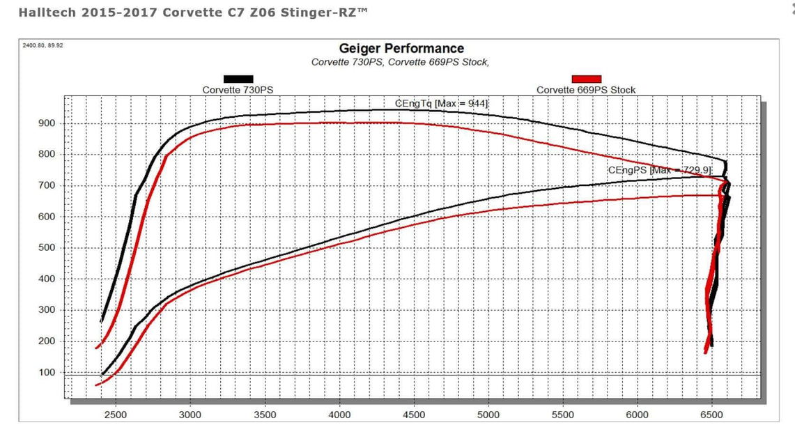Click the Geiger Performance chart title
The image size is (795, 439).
click(x=401, y=48)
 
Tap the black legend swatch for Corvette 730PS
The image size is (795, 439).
click(x=238, y=79)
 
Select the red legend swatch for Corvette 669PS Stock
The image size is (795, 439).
click(x=586, y=79)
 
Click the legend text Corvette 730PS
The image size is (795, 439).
click(x=238, y=90)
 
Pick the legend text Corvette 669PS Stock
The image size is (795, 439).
click(x=586, y=90)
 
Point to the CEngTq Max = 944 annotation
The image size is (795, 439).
click(x=442, y=103)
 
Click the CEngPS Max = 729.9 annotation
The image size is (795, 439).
click(x=659, y=170)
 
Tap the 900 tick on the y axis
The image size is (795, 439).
click(x=47, y=123)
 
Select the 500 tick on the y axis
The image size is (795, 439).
click(x=47, y=248)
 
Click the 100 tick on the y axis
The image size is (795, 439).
click(x=47, y=373)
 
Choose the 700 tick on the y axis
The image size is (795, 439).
click(x=47, y=186)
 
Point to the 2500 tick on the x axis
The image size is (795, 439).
click(x=116, y=415)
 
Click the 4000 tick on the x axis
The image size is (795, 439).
click(x=339, y=415)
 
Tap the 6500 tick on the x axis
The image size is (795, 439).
click(x=712, y=415)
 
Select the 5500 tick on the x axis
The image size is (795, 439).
click(x=563, y=415)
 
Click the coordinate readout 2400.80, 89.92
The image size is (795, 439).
click(x=43, y=45)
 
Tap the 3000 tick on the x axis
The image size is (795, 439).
click(x=190, y=415)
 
